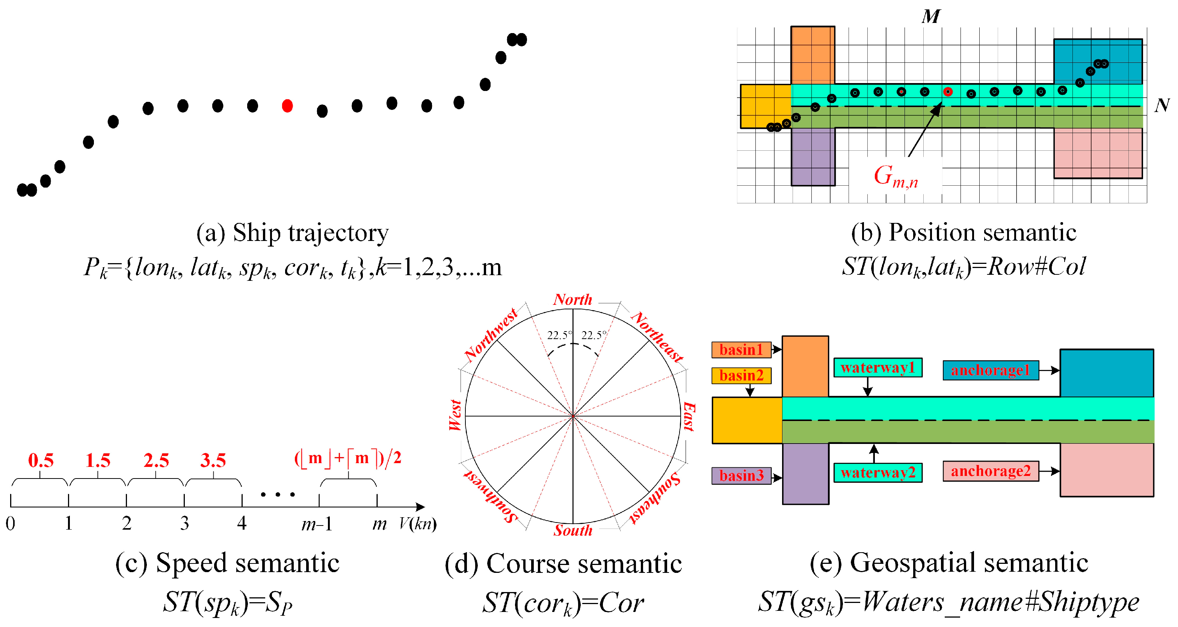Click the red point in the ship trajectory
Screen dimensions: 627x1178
click(x=287, y=106)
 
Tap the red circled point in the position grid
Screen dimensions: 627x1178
click(x=947, y=92)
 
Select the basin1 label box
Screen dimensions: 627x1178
click(x=741, y=350)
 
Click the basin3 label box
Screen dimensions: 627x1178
click(x=741, y=476)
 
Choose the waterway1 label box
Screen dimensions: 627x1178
click(x=877, y=368)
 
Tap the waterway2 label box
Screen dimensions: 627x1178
click(x=877, y=472)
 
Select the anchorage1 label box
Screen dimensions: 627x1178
click(x=991, y=370)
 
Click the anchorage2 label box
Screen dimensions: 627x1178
click(x=991, y=471)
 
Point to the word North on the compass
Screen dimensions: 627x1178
click(x=572, y=299)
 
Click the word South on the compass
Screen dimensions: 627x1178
click(x=572, y=530)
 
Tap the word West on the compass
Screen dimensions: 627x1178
click(x=455, y=415)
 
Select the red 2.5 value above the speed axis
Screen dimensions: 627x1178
click(x=156, y=460)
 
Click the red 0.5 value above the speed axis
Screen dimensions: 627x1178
click(x=41, y=460)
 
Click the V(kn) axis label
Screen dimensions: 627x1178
click(x=417, y=523)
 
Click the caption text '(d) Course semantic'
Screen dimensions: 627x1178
click(x=563, y=563)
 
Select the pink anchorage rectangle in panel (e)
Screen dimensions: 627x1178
click(x=1107, y=469)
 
